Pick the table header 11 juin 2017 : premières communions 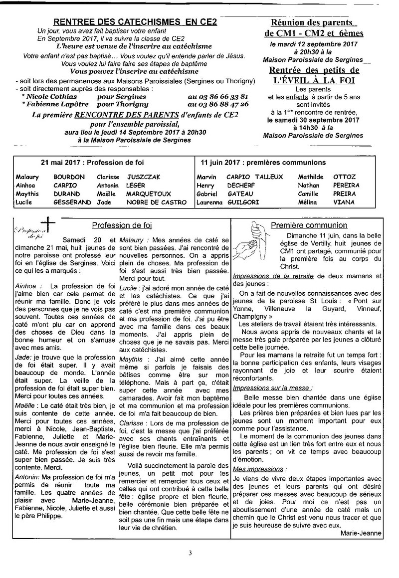click(x=263, y=163)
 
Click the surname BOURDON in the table click(x=69, y=177)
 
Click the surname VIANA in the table click(x=344, y=202)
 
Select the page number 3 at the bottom click(x=190, y=553)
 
